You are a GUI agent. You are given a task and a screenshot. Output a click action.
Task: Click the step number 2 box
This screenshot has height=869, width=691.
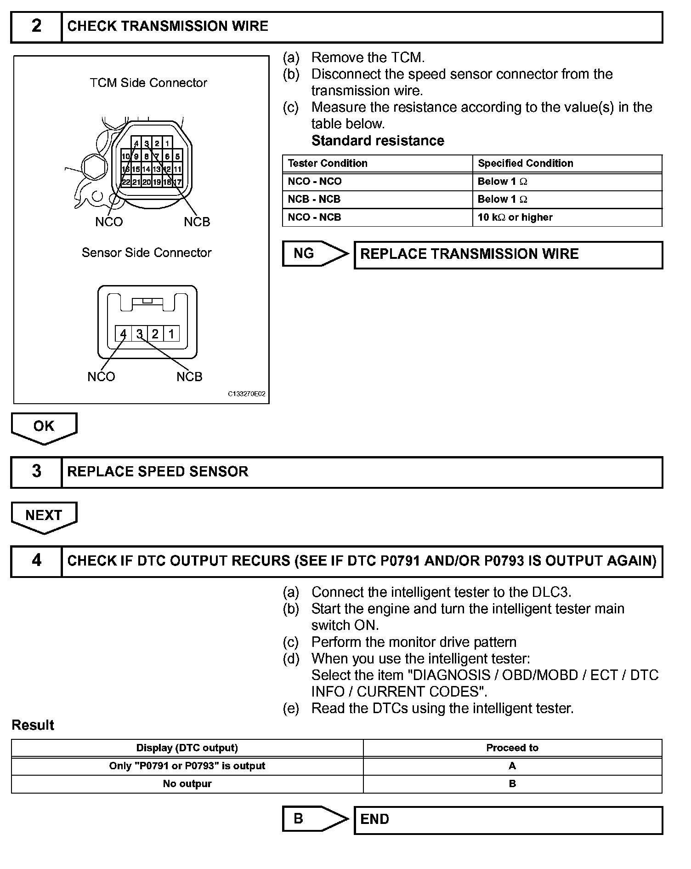[36, 26]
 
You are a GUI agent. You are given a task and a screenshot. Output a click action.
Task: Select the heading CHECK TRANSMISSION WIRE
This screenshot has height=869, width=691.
[168, 26]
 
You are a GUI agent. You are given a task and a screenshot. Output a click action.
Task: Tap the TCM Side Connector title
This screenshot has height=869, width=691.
[148, 83]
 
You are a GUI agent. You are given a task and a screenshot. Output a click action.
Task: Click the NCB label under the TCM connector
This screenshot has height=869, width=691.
[197, 222]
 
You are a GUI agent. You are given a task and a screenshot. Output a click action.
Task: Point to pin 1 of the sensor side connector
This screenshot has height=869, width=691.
[171, 334]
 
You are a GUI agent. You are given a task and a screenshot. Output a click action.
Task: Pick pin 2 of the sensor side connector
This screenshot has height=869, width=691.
[155, 334]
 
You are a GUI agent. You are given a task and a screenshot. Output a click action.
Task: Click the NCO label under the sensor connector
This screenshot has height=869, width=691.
[101, 377]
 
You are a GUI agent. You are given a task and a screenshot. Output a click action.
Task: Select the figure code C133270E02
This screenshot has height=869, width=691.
[247, 394]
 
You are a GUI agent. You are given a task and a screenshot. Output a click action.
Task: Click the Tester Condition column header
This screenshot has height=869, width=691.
[328, 163]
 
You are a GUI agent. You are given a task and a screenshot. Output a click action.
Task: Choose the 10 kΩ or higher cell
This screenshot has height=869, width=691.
[515, 217]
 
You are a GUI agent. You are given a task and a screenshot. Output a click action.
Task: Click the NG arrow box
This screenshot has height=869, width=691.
[315, 253]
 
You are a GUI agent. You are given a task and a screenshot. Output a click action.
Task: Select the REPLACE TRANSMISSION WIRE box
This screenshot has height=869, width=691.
[508, 254]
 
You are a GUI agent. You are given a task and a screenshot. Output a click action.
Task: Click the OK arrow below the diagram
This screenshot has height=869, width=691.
[44, 427]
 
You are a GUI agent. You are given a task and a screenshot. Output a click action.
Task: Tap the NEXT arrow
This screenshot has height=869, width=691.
[44, 516]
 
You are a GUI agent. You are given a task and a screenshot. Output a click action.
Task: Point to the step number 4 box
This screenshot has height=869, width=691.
[36, 561]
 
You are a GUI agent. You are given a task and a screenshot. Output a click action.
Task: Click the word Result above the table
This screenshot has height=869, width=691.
[33, 725]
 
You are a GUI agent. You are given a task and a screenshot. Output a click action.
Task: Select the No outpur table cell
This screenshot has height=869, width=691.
[187, 784]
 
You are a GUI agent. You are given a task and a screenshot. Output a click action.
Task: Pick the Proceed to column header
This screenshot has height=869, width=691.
[512, 748]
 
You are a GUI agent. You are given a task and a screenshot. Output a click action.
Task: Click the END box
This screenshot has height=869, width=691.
[508, 819]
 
